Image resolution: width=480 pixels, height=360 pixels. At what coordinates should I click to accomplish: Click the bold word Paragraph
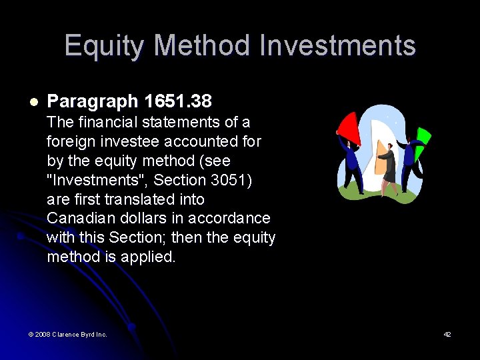tap(93, 101)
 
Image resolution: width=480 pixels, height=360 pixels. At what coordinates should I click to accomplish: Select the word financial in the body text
tap(106, 122)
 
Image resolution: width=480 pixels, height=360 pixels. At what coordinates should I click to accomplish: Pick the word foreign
tap(70, 141)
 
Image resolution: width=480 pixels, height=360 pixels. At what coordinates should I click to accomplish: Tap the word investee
tap(127, 141)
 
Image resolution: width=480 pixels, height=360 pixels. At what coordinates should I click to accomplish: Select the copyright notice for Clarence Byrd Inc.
tap(67, 334)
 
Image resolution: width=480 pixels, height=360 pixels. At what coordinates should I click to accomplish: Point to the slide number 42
tap(447, 334)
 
